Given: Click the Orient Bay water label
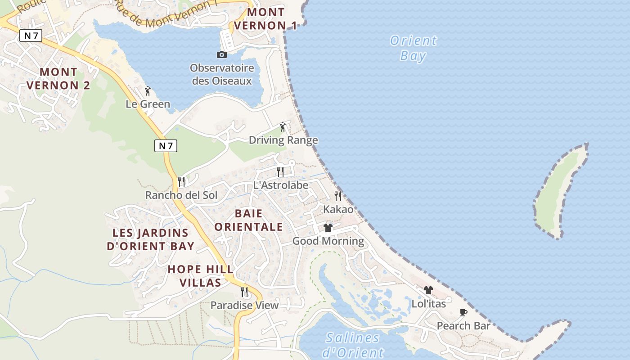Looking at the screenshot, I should [413, 48].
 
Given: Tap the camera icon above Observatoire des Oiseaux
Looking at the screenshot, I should [222, 54].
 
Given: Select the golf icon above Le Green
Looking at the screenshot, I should [148, 91].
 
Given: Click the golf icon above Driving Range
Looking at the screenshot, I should [283, 127].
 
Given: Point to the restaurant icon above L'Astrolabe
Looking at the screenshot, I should [280, 171].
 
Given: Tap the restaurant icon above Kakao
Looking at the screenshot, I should [338, 196].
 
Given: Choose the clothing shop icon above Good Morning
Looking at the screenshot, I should [328, 228].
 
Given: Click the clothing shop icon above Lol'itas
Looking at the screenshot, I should [428, 290].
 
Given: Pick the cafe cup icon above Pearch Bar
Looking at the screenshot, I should [463, 312].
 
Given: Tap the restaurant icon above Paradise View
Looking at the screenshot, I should [244, 292].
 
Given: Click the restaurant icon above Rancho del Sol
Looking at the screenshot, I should [181, 182].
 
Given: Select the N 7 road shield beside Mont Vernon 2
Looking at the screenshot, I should [31, 36].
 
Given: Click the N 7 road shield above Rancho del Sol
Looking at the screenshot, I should [166, 145].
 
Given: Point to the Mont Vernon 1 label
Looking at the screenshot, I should [265, 19].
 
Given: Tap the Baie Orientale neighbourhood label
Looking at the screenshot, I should [248, 220].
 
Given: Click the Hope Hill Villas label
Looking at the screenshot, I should [201, 276].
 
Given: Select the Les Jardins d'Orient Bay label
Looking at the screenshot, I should [151, 239].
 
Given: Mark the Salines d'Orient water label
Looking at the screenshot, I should [353, 345].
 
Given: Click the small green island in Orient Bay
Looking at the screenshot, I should [559, 191].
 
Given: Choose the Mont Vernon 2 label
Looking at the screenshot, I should [58, 78].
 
